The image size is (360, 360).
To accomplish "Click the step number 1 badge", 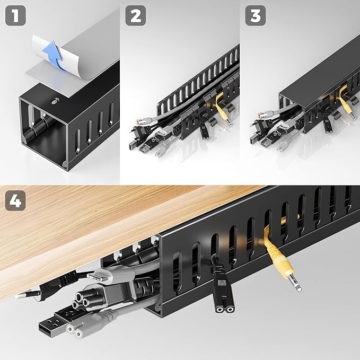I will coord(16,16).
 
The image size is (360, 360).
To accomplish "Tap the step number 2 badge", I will coord(136,16).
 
